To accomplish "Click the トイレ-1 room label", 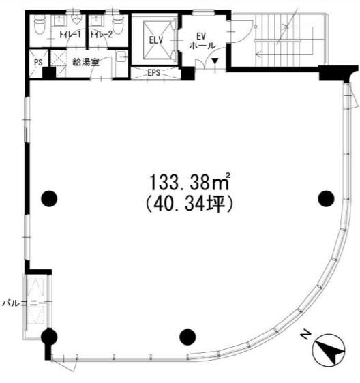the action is pos(70,35).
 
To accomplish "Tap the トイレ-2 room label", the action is pos(102,35).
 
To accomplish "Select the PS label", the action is pos(38,62).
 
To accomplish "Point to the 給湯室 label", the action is pos(86,62).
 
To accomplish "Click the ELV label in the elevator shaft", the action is pos(156,40).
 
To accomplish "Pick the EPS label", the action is pos(153,72).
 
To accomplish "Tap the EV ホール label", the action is pos(202,41).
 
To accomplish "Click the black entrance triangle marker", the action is pos(215,61).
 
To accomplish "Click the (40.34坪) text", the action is pos(189,204).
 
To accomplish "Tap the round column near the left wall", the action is pos(49,198).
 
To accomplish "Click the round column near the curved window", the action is pos(326,198).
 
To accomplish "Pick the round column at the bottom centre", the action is pos(187,337).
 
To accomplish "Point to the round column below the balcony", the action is pos(49,337).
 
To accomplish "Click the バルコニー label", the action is pos(24,303).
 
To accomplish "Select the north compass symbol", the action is pos(329,350).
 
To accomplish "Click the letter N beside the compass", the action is pos(305,335).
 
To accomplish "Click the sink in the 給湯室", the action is pos(121,57).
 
